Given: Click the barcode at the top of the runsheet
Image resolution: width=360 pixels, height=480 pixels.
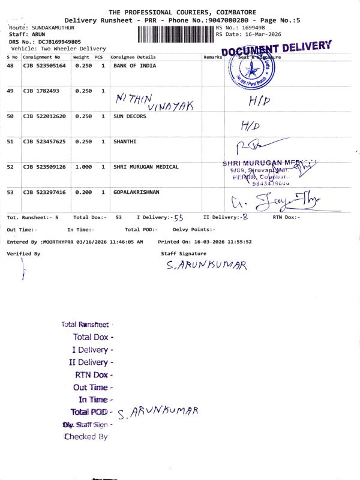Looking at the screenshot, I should pos(176,34).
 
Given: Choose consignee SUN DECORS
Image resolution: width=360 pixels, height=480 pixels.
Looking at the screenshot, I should pos(130,116).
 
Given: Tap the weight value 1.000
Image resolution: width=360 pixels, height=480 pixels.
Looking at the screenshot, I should pos(83,167).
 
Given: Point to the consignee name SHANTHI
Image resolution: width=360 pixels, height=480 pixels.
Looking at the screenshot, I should pos(125,142).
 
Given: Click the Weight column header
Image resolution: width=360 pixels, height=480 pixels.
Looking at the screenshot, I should pos(81,57).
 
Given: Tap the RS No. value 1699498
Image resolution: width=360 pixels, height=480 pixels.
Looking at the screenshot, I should pos(252,28).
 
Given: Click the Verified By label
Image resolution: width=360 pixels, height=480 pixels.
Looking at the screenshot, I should pos(23,254).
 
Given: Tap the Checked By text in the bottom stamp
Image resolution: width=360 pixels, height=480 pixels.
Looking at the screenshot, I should pos(86,437).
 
